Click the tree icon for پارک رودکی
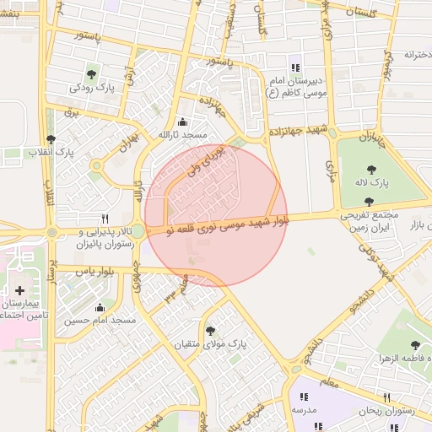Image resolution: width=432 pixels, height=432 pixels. [91, 75]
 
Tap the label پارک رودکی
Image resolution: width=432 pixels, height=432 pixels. [92, 88]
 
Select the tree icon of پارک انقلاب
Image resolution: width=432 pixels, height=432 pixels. [51, 139]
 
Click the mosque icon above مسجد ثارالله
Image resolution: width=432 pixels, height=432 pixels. [183, 122]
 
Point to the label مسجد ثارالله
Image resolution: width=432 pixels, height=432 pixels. [183, 135]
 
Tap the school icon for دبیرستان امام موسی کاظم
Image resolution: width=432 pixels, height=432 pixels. [294, 67]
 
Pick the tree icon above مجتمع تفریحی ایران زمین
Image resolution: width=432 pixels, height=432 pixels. [368, 202]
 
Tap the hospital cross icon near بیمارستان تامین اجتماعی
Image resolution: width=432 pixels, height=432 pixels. [19, 290]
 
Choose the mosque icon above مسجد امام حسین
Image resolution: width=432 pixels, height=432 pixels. [100, 307]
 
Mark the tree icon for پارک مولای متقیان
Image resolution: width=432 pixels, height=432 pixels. [209, 331]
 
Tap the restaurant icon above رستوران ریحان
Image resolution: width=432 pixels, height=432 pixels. [387, 397]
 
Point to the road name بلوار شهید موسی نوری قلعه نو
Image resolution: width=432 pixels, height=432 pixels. [218, 224]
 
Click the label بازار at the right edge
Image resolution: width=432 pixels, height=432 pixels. [419, 225]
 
